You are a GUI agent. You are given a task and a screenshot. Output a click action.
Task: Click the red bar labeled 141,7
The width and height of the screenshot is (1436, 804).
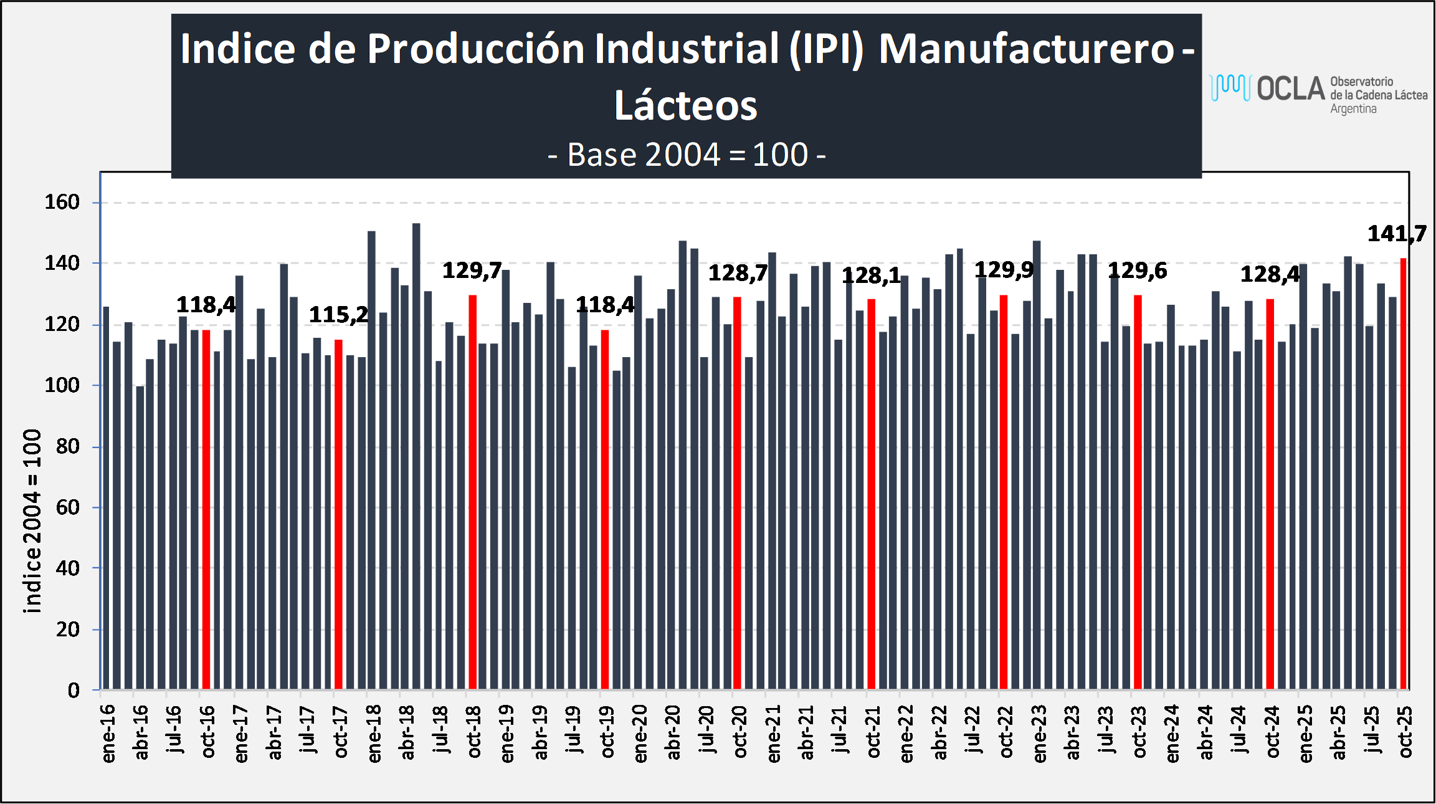point(1404,474)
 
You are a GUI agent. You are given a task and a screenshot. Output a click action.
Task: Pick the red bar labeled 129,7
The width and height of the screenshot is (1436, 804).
point(473,492)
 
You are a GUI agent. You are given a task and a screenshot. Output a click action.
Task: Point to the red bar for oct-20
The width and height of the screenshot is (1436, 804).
point(738,493)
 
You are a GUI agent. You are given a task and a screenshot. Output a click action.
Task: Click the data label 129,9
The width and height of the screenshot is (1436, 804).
point(1004,270)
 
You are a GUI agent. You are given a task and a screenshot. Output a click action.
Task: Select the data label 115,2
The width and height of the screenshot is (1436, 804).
point(338,315)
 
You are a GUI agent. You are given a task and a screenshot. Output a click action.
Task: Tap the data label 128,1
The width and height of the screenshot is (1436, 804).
point(871,275)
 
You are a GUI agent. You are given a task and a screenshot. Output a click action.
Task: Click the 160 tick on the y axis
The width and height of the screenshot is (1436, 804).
point(62,202)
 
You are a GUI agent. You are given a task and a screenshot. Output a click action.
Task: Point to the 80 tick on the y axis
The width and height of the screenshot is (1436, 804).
point(68,446)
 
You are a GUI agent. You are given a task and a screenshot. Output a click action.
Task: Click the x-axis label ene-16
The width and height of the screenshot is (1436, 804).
point(108,733)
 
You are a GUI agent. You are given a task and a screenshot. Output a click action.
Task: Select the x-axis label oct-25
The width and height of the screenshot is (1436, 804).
point(1405,732)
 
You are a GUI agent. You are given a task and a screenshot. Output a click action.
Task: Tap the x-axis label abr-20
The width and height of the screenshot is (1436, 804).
point(673,732)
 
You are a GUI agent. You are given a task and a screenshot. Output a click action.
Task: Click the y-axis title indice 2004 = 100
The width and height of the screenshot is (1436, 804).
point(32,520)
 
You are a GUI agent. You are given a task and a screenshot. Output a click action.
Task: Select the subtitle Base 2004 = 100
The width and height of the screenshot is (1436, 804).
point(687,155)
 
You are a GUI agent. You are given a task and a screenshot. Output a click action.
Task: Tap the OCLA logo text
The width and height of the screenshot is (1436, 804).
point(1290,89)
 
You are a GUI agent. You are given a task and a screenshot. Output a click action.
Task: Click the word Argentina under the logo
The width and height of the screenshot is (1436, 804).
point(1353,109)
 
